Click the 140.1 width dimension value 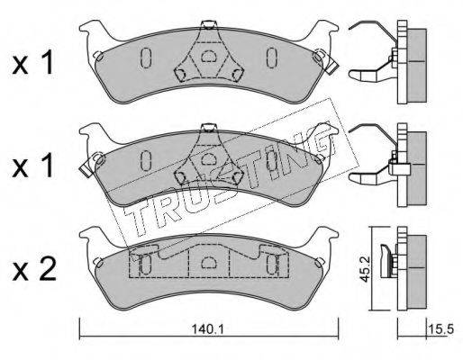coord(208,330)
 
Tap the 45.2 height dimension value coord(365,269)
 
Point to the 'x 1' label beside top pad coord(33,63)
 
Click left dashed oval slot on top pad coord(146,58)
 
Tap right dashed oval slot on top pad coord(272,57)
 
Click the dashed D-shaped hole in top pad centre coord(207,56)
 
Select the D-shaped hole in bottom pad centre coord(207,262)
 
